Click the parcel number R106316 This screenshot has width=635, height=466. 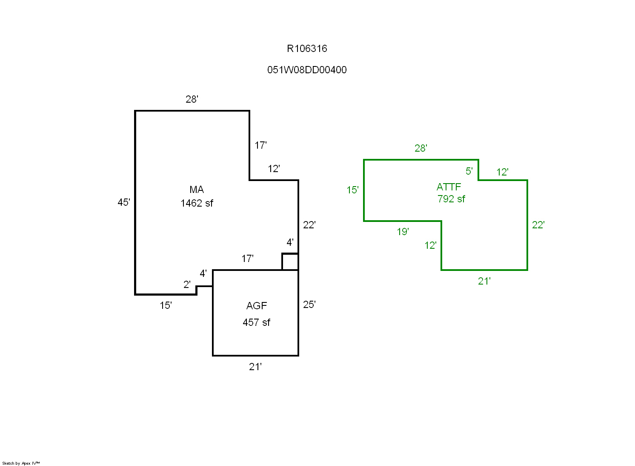point(307,49)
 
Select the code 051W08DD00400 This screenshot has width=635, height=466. point(307,70)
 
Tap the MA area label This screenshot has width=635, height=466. point(197,190)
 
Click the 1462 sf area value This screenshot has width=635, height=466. point(197,203)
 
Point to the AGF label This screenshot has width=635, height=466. point(257,306)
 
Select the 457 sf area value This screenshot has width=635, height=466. point(256,322)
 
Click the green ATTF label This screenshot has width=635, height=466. point(449,187)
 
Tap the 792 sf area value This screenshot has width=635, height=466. point(451,199)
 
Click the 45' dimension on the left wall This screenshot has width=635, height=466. point(124,202)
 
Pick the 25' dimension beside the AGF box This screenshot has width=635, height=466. point(309,305)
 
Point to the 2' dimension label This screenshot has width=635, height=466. point(187,285)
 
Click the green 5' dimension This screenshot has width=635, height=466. point(469,171)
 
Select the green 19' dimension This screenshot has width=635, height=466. point(403,232)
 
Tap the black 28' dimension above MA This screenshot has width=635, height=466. point(192,99)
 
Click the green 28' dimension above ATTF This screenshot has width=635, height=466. point(421,148)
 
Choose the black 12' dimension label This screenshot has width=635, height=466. point(274,169)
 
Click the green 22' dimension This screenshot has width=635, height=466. point(538,225)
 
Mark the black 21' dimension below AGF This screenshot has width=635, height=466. point(255,367)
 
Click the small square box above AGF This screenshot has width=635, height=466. point(290,262)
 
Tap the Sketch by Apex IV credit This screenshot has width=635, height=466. point(21,463)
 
